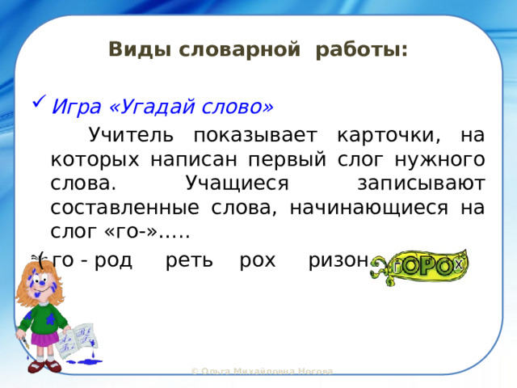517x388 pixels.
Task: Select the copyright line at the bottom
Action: coord(262,371)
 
